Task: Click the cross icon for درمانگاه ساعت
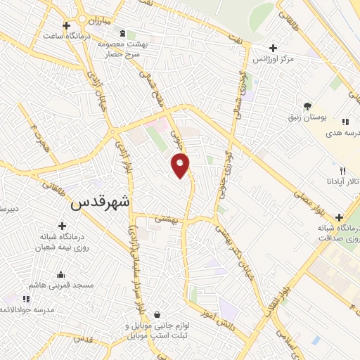tap(66, 26)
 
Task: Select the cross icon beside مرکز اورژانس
tap(273, 48)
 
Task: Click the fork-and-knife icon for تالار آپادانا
tap(342, 171)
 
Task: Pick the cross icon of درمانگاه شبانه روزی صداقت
tap(340, 217)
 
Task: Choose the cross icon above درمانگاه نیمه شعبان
tap(63, 226)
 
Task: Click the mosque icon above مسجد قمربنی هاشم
tap(61, 275)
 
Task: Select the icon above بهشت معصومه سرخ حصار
tap(124, 33)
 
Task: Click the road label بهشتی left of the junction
tap(166, 219)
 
